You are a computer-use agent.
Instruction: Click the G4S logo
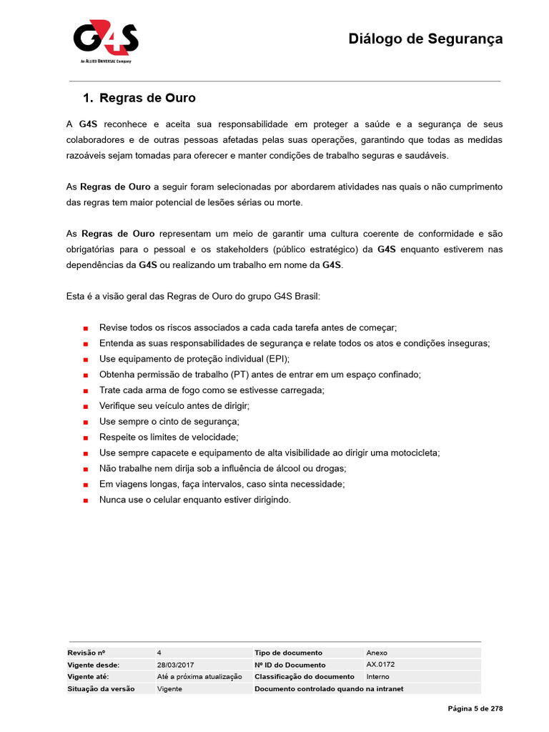(x=105, y=41)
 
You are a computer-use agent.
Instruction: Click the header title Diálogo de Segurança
(x=425, y=39)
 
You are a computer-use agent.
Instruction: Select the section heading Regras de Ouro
(x=147, y=98)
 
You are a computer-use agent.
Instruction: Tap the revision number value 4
(x=159, y=653)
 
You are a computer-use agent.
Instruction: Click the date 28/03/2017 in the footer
(x=176, y=665)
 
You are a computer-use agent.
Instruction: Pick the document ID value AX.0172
(x=380, y=665)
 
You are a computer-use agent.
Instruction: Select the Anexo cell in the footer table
(x=377, y=653)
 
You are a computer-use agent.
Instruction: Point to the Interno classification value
(x=378, y=676)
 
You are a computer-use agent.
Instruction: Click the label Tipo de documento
(x=288, y=653)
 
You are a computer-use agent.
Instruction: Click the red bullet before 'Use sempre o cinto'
(x=86, y=422)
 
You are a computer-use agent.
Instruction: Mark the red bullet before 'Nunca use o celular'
(x=86, y=500)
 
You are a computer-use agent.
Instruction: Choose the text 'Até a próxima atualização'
(x=199, y=676)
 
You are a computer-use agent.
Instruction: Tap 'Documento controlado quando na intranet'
(x=329, y=688)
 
